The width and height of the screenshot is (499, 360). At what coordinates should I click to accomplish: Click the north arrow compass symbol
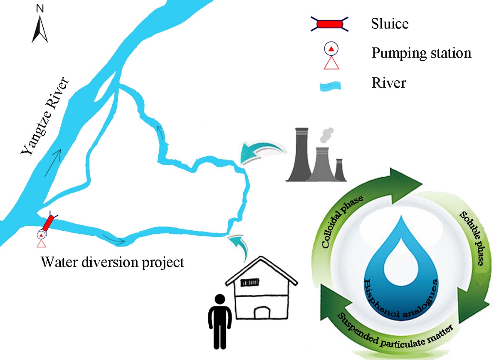[x=40, y=30]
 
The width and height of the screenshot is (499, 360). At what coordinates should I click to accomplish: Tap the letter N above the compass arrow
[x=40, y=8]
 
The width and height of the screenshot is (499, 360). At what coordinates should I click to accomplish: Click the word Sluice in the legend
[x=390, y=24]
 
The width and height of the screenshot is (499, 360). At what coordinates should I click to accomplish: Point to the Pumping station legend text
[x=421, y=54]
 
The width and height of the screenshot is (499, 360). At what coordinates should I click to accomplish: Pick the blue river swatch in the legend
[x=331, y=85]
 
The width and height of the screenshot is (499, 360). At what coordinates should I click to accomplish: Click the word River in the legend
[x=389, y=83]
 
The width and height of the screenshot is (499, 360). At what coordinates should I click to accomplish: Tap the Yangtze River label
[x=47, y=118]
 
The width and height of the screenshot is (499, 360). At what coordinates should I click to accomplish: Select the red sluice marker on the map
[x=48, y=223]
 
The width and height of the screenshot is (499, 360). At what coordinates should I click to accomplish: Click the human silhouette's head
[x=219, y=300]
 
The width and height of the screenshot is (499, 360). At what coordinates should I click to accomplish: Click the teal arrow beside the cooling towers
[x=261, y=153]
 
